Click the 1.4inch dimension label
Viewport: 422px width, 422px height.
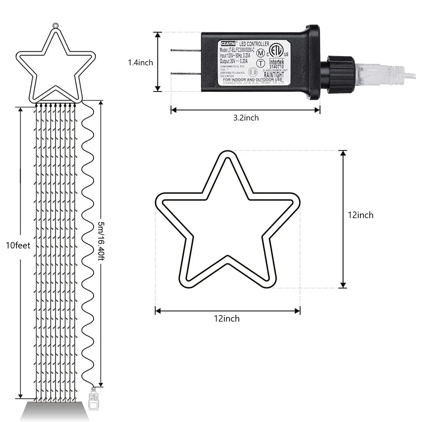tap(140, 62)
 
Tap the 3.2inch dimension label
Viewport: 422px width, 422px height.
tap(246, 118)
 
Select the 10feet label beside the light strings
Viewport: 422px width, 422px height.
tap(18, 245)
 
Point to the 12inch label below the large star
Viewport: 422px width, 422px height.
tap(227, 318)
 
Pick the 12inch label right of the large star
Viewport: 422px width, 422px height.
tap(360, 215)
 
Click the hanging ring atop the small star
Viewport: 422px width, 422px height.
tap(56, 26)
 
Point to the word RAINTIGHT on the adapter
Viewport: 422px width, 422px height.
tap(274, 75)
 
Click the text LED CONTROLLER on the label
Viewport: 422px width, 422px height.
tap(254, 44)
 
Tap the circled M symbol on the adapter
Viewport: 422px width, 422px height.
tap(261, 53)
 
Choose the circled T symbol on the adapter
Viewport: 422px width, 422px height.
tap(261, 63)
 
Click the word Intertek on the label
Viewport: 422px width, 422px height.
tap(276, 62)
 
